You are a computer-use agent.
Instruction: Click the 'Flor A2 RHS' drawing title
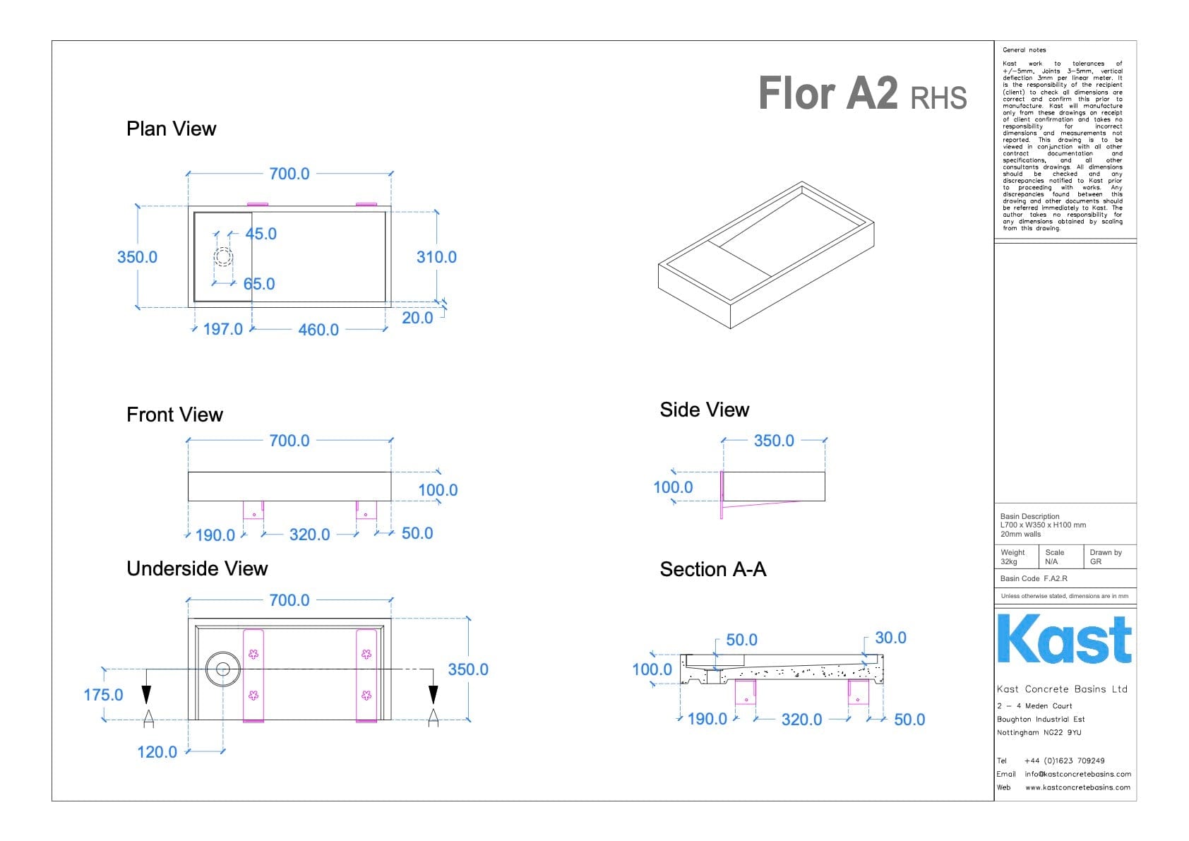click(862, 94)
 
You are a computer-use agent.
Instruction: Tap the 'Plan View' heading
click(171, 129)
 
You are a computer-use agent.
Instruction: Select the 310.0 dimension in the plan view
click(436, 257)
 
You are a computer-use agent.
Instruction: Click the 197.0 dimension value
click(222, 329)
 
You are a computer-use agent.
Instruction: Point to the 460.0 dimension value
click(318, 330)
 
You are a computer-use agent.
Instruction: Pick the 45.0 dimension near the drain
click(261, 234)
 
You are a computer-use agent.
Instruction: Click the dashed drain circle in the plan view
click(223, 256)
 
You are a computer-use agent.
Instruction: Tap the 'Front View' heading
click(174, 414)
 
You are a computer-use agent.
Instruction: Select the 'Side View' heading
click(704, 410)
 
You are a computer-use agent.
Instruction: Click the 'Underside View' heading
click(197, 568)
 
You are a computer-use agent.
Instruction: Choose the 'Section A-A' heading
click(712, 569)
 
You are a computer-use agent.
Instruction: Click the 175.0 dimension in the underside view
click(103, 695)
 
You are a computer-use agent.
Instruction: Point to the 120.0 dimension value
click(157, 752)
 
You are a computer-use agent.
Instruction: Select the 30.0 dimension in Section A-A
click(890, 638)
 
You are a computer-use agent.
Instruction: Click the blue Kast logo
click(1064, 639)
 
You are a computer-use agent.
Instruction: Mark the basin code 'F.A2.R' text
click(1056, 578)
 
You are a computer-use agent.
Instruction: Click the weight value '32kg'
click(1009, 562)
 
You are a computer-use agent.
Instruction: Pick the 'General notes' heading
click(1024, 50)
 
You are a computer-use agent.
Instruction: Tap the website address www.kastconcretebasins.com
click(1077, 787)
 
